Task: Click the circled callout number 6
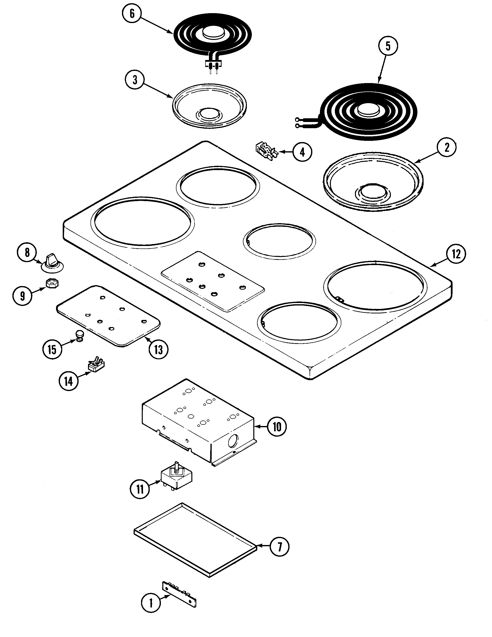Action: (132, 14)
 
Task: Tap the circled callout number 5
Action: (388, 46)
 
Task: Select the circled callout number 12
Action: (456, 254)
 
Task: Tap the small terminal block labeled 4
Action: (265, 150)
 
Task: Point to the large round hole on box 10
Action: (233, 440)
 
